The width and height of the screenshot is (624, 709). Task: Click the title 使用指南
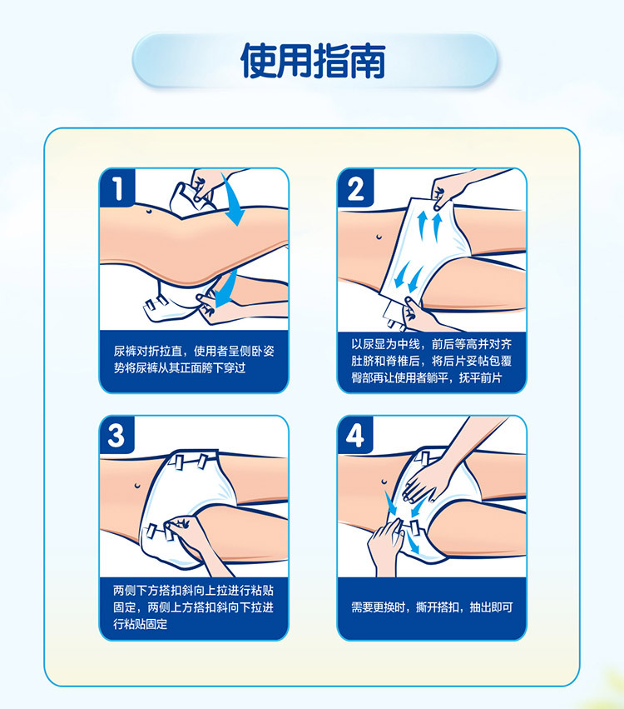[313, 61]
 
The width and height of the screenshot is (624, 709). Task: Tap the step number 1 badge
[117, 187]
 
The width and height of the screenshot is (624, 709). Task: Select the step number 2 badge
[355, 187]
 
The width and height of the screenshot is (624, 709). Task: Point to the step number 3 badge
[117, 435]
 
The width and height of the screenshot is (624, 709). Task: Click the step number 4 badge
[355, 435]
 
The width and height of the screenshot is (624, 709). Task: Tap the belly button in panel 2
[379, 237]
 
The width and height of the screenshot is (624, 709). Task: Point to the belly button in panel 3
[137, 486]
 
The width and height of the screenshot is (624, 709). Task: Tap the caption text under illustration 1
[194, 359]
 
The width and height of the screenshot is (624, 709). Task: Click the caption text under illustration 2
[431, 361]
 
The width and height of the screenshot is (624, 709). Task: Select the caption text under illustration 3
[193, 607]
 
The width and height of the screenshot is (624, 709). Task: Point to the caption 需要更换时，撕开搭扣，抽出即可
[432, 607]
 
